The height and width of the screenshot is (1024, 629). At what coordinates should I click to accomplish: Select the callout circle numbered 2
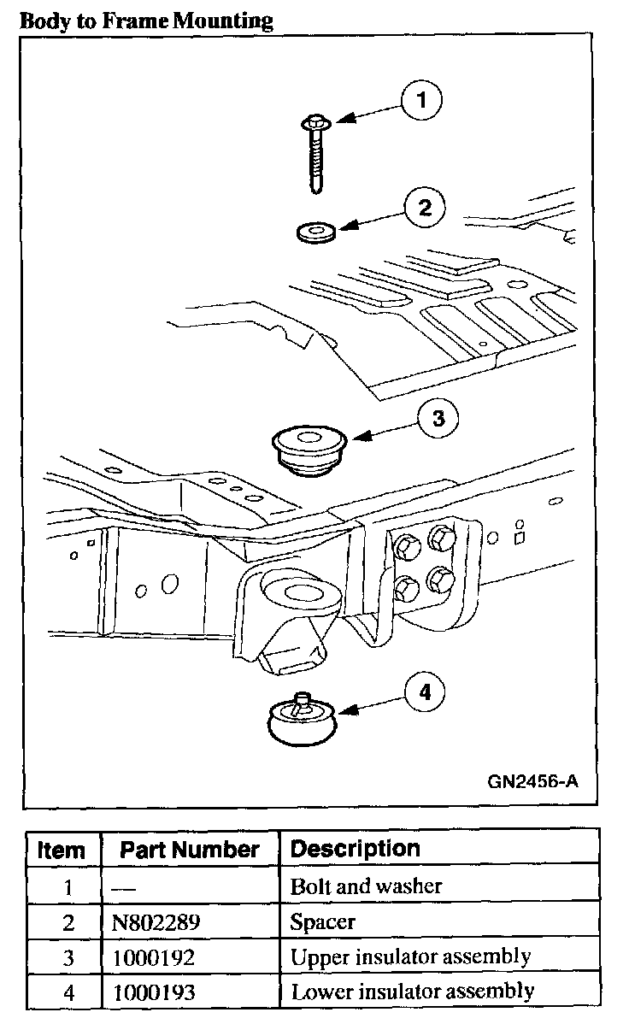click(x=422, y=208)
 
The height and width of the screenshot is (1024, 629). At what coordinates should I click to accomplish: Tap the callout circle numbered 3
click(x=438, y=418)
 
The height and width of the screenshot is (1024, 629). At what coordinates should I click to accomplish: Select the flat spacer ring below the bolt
click(x=314, y=230)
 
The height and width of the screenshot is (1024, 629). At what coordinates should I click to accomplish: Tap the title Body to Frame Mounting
click(x=146, y=21)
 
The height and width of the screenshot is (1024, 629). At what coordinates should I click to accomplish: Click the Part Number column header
click(x=189, y=850)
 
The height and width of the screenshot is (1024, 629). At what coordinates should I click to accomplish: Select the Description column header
click(x=356, y=849)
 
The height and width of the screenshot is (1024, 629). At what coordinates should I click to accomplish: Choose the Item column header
click(x=62, y=850)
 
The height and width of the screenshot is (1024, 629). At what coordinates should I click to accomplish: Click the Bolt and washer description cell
click(x=367, y=886)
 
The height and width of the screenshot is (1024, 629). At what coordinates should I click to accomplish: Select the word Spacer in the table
click(x=322, y=922)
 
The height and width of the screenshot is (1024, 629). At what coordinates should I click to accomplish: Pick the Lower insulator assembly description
click(x=413, y=992)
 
